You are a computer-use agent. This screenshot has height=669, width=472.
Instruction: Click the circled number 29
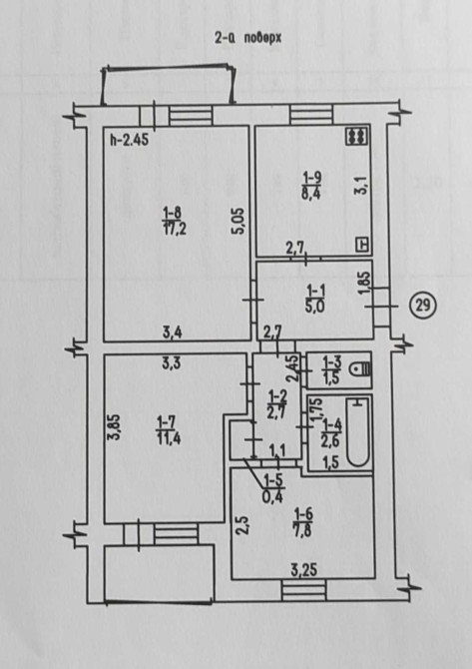[x=422, y=306]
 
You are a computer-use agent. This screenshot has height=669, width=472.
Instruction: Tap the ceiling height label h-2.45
[x=129, y=140]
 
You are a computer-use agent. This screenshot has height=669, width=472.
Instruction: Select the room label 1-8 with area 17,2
[x=175, y=221]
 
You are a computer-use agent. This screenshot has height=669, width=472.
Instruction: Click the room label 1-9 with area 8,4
[x=311, y=185]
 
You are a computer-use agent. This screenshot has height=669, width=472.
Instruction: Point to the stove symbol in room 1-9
[x=357, y=136]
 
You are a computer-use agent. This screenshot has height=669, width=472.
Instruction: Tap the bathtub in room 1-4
[x=357, y=431]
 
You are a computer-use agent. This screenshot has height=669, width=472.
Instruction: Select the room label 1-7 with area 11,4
[x=169, y=431]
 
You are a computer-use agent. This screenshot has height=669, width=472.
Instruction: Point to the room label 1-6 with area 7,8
[x=302, y=523]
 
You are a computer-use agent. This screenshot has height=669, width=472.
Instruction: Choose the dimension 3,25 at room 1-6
[x=304, y=570]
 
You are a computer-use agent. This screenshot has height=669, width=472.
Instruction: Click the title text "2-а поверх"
[x=248, y=38]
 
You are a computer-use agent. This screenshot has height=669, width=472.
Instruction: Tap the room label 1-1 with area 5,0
[x=316, y=300]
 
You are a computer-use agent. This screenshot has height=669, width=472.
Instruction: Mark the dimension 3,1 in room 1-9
[x=361, y=187]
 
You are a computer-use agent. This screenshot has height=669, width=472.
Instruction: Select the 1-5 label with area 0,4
[x=273, y=488]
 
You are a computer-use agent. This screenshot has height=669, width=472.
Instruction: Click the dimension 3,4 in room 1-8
[x=173, y=332]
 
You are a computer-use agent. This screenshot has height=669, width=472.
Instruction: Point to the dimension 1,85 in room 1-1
[x=364, y=284]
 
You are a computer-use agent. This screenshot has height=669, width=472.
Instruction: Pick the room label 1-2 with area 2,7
[x=278, y=406]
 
